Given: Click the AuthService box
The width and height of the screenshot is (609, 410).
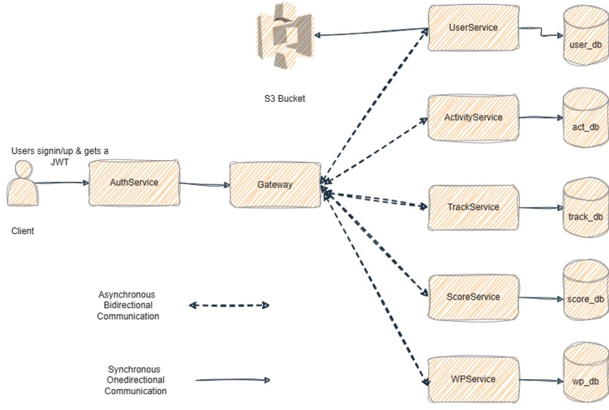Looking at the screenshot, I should (x=134, y=183).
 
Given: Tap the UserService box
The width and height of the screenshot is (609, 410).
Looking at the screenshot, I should (x=473, y=28).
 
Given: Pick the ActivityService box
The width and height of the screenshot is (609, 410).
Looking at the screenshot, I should (x=473, y=118).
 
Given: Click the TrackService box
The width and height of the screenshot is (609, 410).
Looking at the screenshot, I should (x=473, y=207).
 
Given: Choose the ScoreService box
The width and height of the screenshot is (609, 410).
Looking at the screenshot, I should (x=473, y=297).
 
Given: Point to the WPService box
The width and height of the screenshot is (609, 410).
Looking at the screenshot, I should (x=473, y=379).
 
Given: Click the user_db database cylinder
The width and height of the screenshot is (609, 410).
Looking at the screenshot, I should (x=586, y=38).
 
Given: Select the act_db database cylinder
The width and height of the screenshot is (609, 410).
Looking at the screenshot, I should (x=586, y=121).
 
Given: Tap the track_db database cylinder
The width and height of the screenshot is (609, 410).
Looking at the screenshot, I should (x=586, y=210).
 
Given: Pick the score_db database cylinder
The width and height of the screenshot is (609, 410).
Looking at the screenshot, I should (x=586, y=293).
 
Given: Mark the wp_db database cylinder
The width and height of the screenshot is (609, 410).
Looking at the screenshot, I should (x=586, y=375).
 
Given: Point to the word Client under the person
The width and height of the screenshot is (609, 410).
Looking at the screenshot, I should (x=23, y=231).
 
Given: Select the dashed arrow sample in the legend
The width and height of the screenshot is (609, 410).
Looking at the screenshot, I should (x=229, y=306).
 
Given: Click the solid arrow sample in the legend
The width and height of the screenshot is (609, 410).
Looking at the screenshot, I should (x=232, y=381).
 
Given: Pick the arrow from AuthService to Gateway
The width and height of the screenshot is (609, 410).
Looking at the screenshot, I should (x=205, y=183).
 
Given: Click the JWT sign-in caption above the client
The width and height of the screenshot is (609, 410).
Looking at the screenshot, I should (x=60, y=156).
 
